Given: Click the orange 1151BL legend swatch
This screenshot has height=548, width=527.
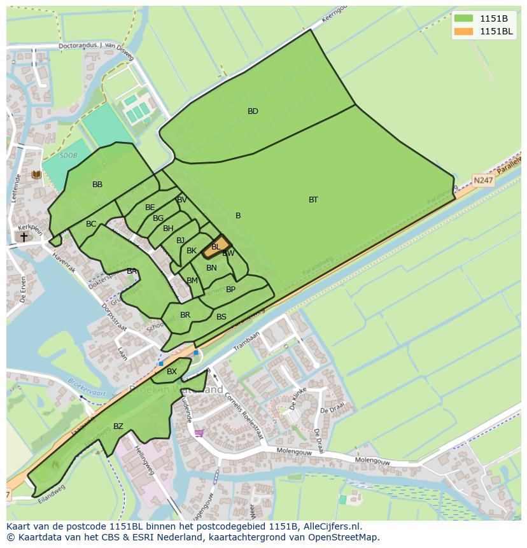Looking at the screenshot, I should click(463, 31).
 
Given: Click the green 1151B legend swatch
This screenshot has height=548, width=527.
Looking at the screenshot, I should click(463, 18).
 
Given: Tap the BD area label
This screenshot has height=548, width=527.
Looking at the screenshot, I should click(253, 111).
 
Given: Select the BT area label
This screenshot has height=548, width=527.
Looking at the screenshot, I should click(313, 200).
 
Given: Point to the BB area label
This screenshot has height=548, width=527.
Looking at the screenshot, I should click(97, 185).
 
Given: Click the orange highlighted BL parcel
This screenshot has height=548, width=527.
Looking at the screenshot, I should click(216, 247).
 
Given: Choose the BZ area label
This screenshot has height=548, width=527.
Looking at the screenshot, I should click(118, 426).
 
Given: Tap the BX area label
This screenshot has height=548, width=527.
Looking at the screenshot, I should click(172, 372).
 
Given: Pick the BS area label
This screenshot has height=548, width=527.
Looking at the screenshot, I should click(221, 317).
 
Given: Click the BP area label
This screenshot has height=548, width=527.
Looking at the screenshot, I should click(230, 290).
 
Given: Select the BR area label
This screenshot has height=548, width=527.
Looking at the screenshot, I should click(185, 315).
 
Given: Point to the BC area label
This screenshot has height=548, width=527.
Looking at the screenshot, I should click(91, 224).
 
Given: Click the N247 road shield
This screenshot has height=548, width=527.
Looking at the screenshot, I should click(484, 180).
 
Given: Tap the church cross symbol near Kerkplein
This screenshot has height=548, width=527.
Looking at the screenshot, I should click(24, 237).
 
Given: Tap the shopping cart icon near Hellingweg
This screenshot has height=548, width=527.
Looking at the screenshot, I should click(199, 433).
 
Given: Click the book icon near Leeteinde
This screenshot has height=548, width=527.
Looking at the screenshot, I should click(36, 174).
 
